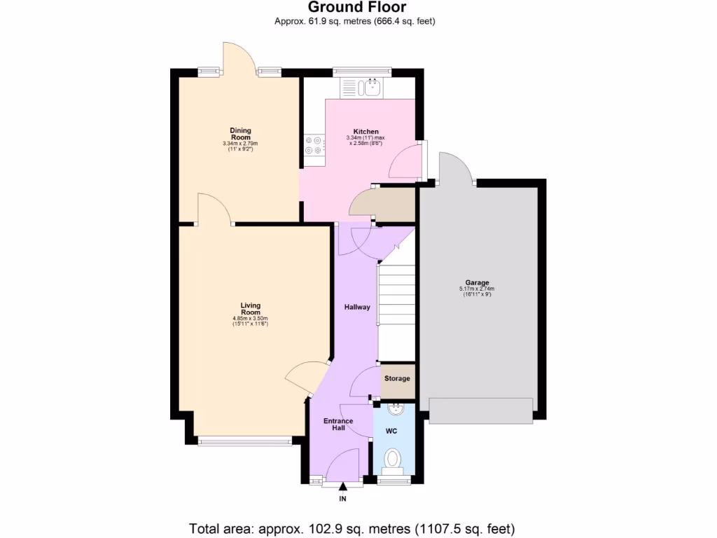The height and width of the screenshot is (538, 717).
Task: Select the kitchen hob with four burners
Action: click(x=314, y=145)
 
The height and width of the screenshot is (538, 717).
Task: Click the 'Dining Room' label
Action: click(x=240, y=134)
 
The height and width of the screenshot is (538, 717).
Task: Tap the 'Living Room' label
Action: click(x=250, y=309)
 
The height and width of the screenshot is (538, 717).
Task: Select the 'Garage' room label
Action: click(x=478, y=283)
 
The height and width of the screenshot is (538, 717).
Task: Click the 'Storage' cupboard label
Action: click(x=397, y=379)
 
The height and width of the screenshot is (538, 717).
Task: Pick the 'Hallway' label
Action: click(x=356, y=307)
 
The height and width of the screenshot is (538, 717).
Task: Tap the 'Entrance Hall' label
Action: click(x=337, y=425)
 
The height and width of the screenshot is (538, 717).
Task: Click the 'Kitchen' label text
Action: click(x=366, y=132)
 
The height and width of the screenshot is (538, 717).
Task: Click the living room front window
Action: click(x=244, y=441)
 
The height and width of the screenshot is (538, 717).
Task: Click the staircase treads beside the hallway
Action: click(x=396, y=294)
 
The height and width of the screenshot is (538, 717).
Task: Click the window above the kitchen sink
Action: click(x=352, y=70)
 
